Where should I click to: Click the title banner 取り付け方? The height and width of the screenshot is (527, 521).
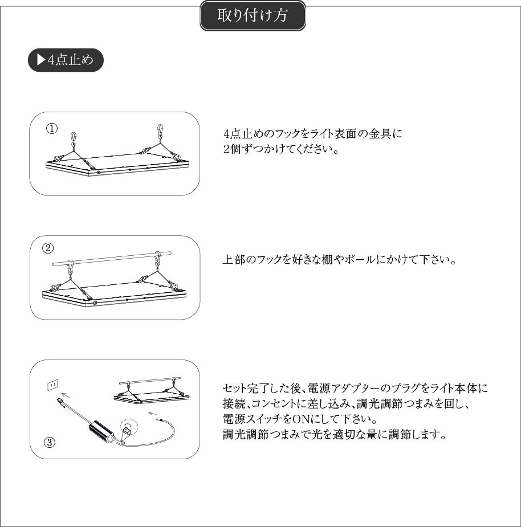pos(253,16)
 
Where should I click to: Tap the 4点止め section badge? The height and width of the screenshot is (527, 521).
pos(66,60)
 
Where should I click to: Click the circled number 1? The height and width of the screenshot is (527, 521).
pos(52,128)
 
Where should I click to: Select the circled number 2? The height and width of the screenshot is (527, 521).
pos(48,248)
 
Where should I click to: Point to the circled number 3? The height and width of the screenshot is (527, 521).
pos(50,442)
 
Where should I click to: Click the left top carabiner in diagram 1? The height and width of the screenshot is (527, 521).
pos(74,138)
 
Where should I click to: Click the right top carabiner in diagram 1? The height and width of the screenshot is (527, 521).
pos(160,130)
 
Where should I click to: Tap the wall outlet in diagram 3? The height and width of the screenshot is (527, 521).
pos(52,385)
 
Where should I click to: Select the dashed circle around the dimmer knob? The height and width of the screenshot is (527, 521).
pos(129,427)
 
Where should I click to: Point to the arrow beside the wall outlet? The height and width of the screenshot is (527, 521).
pos(66,395)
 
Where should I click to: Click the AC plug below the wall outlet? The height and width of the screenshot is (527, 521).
pos(60,402)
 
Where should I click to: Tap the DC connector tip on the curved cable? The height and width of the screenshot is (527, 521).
pos(158,420)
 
